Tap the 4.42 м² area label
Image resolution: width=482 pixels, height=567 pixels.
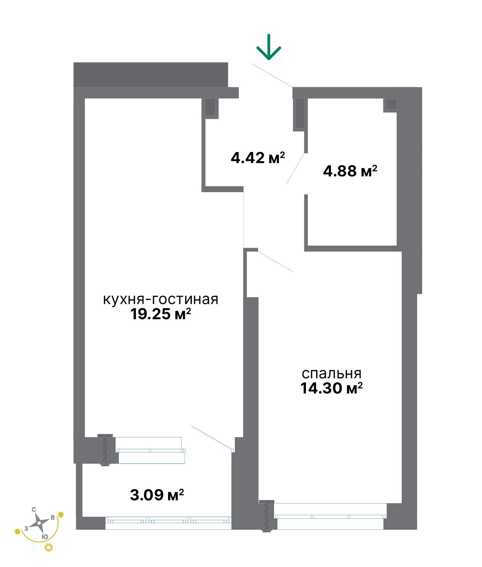(x=258, y=157)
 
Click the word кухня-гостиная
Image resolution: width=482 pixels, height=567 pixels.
(x=161, y=299)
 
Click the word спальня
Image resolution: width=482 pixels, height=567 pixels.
(x=332, y=373)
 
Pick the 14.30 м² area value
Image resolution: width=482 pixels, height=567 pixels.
(x=331, y=388)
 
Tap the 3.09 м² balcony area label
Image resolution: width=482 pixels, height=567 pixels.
(x=157, y=495)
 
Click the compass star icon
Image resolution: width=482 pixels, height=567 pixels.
(x=38, y=523)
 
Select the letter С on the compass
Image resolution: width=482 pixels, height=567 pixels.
(x=34, y=509)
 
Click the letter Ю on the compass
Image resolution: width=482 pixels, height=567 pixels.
(x=45, y=536)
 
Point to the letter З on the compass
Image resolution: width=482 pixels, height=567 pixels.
(x=26, y=528)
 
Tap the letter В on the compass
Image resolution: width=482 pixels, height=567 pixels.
(x=53, y=517)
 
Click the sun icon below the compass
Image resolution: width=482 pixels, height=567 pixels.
(x=49, y=547)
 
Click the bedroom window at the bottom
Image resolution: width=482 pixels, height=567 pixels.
(x=330, y=516)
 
